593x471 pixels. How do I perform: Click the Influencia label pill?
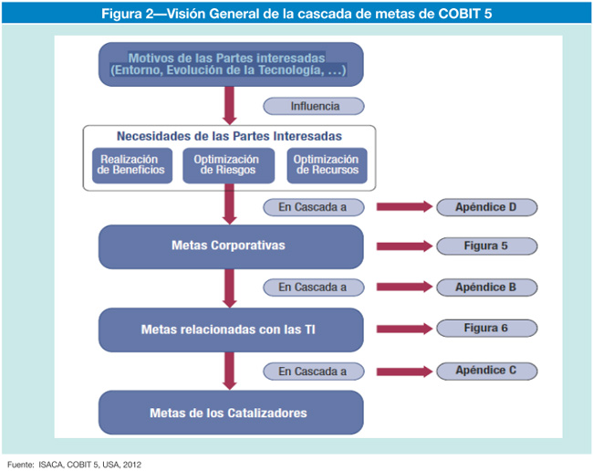tap(314, 106)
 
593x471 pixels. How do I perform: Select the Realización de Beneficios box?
tap(130, 165)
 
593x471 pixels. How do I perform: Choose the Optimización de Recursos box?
tap(326, 165)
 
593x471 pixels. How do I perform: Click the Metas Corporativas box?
tap(230, 246)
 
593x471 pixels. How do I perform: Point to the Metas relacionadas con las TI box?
tap(230, 329)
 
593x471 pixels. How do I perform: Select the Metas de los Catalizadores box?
tap(230, 413)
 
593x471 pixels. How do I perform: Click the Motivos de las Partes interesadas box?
tap(230, 64)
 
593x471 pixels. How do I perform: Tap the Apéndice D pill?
tap(485, 207)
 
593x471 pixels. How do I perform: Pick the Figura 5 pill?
tap(485, 246)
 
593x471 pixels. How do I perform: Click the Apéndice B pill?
tap(485, 288)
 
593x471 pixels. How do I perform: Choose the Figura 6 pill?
tap(485, 329)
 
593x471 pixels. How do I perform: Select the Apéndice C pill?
tap(485, 371)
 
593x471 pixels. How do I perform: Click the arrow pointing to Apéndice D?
tap(404, 207)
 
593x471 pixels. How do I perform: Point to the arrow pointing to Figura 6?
tap(404, 329)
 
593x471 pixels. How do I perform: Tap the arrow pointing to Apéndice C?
tap(404, 371)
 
